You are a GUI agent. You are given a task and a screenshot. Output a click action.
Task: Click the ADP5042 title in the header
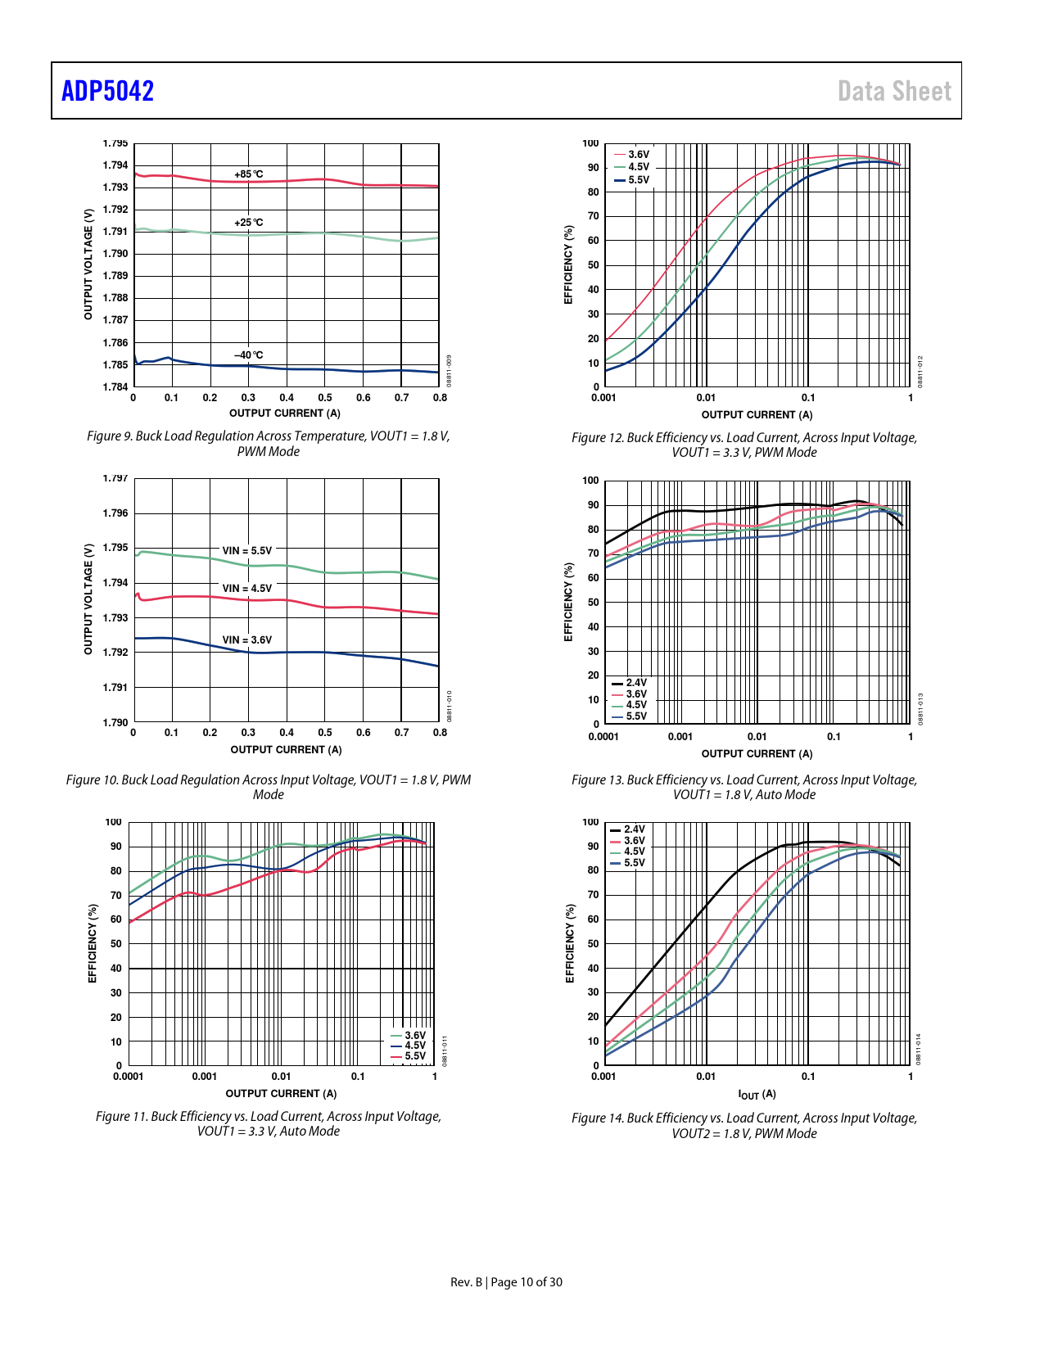[107, 91]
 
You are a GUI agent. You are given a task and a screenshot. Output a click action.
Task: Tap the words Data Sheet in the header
[894, 91]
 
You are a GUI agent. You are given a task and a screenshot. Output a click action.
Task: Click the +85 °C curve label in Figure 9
[249, 174]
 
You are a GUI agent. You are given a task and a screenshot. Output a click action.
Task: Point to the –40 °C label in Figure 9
[249, 355]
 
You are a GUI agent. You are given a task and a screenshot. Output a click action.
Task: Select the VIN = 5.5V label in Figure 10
[246, 551]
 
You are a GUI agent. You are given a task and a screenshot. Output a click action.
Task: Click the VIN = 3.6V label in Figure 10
[246, 640]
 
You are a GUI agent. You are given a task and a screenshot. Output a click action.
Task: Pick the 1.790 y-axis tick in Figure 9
[115, 254]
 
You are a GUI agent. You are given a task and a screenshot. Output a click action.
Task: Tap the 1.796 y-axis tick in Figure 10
[115, 513]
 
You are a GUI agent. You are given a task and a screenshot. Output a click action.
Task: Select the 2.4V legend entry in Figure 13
[636, 683]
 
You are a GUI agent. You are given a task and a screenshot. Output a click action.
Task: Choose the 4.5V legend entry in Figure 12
[639, 167]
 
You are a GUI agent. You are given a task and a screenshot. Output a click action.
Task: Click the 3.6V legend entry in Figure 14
[634, 841]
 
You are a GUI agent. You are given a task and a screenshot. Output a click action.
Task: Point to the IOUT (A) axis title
[757, 1095]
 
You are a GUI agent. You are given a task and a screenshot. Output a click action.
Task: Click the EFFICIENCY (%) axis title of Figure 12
[568, 264]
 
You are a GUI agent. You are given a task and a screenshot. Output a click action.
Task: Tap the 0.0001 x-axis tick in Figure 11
[128, 1077]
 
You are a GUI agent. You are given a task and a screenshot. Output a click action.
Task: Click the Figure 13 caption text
[743, 787]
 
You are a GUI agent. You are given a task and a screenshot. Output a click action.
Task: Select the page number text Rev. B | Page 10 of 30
[506, 1282]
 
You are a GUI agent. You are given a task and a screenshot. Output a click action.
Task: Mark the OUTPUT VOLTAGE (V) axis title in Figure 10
[88, 599]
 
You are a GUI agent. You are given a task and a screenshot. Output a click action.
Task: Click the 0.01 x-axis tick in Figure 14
[706, 1077]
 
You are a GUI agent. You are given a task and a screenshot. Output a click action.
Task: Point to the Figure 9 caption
[268, 443]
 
